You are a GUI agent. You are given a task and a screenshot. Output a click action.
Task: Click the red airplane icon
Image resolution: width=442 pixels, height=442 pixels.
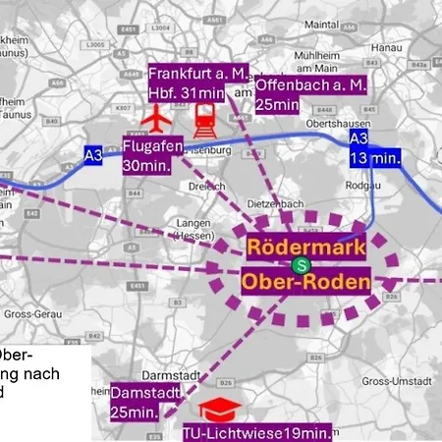click(x=155, y=121)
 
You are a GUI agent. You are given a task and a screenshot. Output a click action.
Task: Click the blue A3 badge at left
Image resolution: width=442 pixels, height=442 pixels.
click(x=92, y=153)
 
